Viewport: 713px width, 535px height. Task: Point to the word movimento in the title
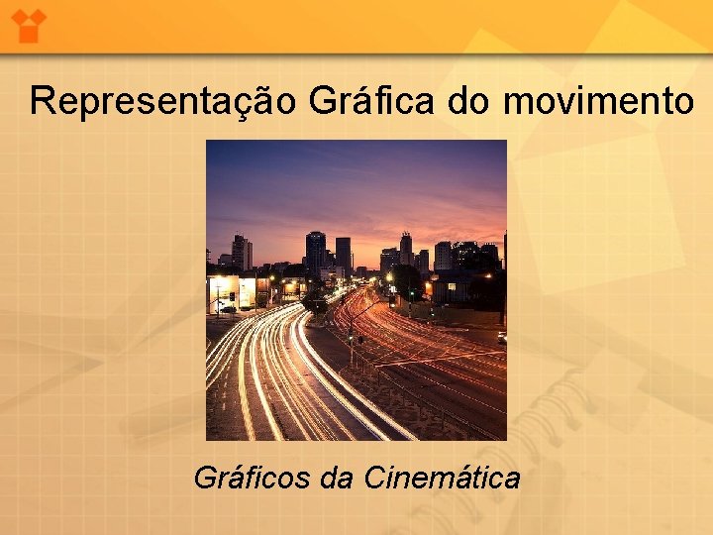click(599, 101)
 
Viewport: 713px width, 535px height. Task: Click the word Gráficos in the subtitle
click(253, 479)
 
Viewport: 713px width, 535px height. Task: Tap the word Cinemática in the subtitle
click(442, 479)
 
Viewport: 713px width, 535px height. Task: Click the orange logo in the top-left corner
click(31, 23)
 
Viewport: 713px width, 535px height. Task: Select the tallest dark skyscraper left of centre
click(315, 253)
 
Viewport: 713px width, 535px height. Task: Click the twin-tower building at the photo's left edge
click(241, 253)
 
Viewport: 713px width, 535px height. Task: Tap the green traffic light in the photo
click(411, 292)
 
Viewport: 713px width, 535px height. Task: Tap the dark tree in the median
click(315, 302)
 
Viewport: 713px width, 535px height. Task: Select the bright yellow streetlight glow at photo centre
click(389, 276)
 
